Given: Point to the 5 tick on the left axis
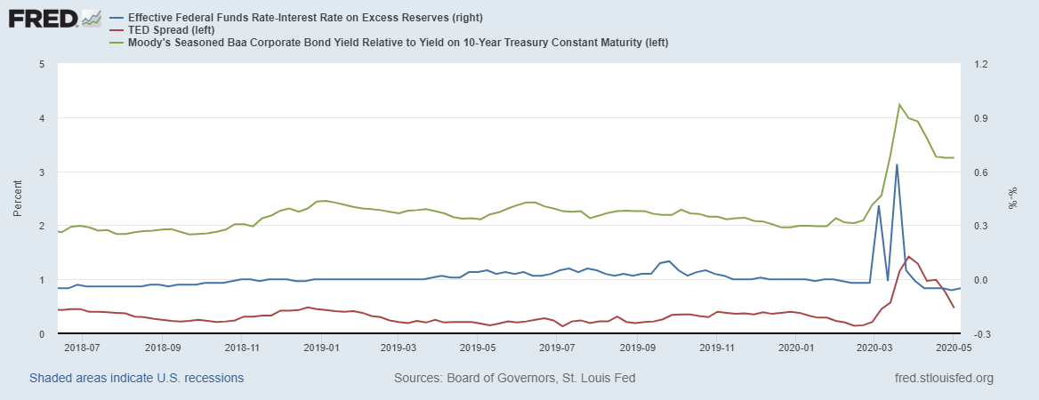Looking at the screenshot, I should click(x=42, y=64).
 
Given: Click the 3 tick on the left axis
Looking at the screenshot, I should click(x=42, y=172).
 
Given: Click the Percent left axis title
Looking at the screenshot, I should click(x=17, y=198).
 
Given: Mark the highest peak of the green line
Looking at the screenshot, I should click(x=899, y=104).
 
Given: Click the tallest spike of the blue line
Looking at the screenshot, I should click(x=897, y=164).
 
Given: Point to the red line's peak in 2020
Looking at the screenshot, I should click(x=908, y=257).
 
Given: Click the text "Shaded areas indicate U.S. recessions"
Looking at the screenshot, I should click(x=136, y=378).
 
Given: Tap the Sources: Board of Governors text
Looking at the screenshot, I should click(x=514, y=378).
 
